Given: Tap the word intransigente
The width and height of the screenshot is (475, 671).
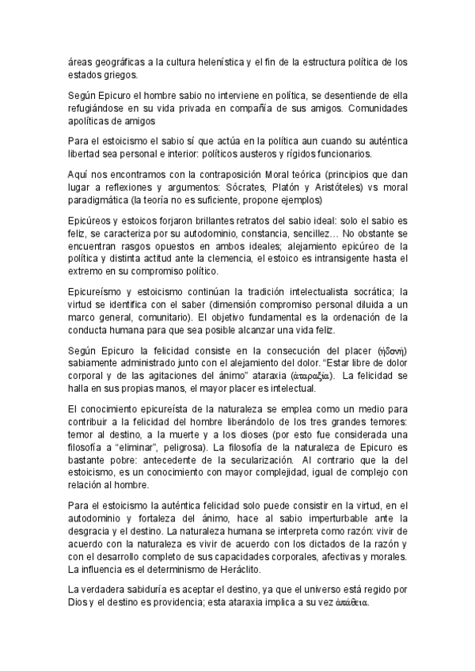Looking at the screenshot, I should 347,258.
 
